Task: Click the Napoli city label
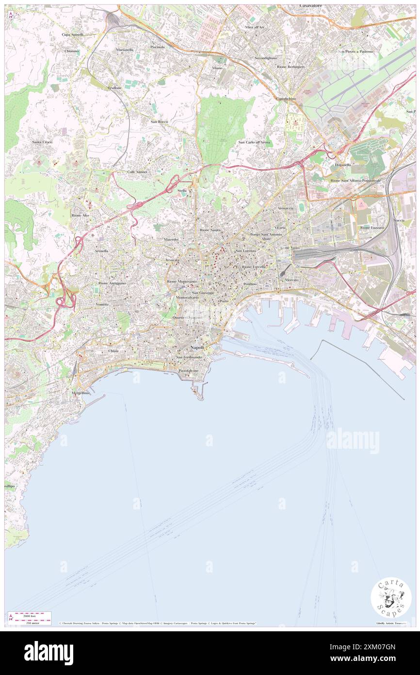(x=197, y=348)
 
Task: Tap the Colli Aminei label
(x=137, y=172)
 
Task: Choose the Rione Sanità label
(x=210, y=230)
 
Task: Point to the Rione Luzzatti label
(x=372, y=227)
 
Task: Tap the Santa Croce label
(x=42, y=142)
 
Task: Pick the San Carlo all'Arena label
(x=254, y=142)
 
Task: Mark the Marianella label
(x=125, y=50)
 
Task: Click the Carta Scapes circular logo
(x=391, y=597)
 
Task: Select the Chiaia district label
(x=113, y=351)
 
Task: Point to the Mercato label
(x=291, y=280)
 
